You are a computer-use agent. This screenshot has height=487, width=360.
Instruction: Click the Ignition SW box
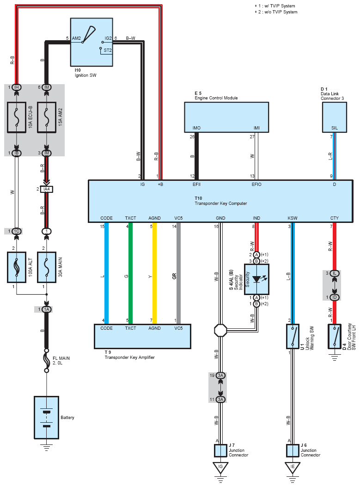point(92,42)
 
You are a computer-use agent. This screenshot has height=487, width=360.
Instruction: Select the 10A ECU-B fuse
point(17,118)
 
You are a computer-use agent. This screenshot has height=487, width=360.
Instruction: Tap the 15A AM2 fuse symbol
point(47,118)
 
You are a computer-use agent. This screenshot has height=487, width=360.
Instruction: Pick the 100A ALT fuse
point(17,267)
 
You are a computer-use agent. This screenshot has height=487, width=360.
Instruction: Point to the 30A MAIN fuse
point(47,267)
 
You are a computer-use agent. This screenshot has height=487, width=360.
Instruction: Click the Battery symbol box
point(46,418)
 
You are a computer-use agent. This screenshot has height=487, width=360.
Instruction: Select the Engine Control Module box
point(226,117)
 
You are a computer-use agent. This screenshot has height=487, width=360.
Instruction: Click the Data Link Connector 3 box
point(334,117)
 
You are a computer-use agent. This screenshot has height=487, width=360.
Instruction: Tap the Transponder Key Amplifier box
point(142,336)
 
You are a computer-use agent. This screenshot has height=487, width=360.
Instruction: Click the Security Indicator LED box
point(256,279)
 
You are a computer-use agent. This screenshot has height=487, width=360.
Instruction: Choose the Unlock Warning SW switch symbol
point(293,336)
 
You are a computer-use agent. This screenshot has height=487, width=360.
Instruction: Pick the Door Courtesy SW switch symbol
point(334,336)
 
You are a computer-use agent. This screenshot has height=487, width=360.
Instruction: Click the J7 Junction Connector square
point(220,450)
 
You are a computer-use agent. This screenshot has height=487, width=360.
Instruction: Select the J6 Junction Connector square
point(293,450)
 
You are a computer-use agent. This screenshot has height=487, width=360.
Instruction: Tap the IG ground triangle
point(220,468)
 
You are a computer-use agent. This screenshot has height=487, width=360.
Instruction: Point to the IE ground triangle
point(293,468)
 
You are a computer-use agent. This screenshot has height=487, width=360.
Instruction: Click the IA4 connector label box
point(47,189)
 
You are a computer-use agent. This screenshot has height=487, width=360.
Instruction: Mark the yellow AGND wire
point(154,273)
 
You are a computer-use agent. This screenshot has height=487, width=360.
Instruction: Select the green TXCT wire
point(131,273)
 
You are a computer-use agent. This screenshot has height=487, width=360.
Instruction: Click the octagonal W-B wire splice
point(220,330)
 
